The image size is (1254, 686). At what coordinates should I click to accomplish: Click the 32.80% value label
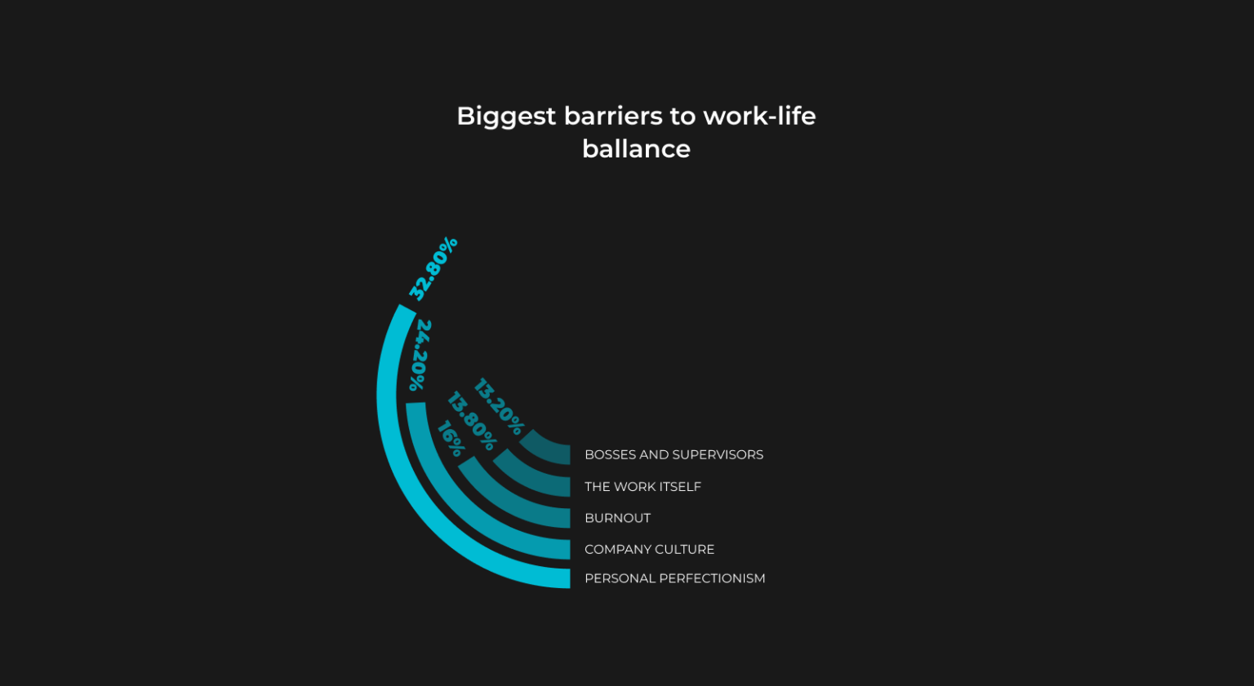[x=434, y=268]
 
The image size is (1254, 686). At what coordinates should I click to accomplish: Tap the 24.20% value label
[x=420, y=356]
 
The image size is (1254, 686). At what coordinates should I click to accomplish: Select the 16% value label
[x=451, y=439]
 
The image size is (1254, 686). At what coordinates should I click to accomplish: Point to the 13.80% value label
[x=471, y=421]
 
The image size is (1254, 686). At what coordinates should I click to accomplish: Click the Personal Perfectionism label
[x=674, y=578]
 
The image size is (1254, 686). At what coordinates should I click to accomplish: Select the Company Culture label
[x=649, y=550]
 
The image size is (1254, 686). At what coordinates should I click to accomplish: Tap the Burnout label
[x=617, y=518]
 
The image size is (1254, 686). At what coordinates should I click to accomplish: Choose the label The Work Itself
[x=643, y=487]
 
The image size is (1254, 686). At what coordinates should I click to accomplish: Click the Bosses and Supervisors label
[x=674, y=455]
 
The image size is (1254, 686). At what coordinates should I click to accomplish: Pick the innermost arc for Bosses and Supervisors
[x=542, y=454]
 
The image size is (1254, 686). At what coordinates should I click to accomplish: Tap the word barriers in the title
[x=614, y=117]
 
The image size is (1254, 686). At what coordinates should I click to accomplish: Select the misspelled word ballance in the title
[x=636, y=148]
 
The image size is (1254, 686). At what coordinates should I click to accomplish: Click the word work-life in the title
[x=760, y=116]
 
